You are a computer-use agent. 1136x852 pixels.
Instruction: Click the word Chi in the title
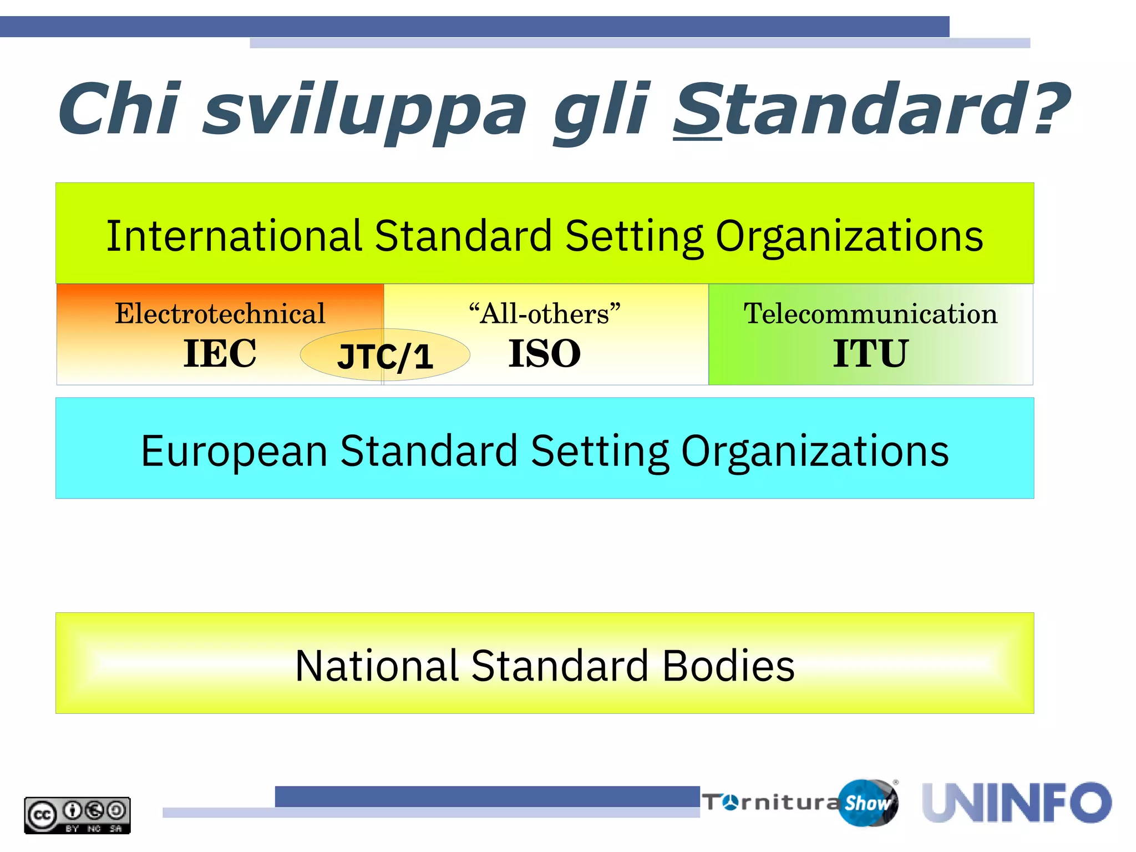click(x=119, y=109)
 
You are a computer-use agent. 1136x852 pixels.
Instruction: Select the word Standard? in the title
click(x=871, y=109)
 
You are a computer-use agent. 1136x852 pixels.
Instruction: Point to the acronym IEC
click(x=220, y=353)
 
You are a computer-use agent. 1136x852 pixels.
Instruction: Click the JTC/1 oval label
click(x=385, y=356)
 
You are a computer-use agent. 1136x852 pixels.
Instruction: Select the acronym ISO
click(x=544, y=353)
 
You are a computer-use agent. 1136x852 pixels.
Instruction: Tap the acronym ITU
click(x=870, y=353)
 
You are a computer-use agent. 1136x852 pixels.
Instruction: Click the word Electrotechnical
click(x=220, y=314)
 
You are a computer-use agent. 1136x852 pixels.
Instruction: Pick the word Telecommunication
click(x=870, y=314)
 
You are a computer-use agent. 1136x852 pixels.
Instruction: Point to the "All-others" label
click(x=544, y=314)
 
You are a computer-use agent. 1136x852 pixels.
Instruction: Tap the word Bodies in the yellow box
click(x=728, y=665)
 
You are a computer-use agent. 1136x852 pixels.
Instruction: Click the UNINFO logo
click(x=1017, y=803)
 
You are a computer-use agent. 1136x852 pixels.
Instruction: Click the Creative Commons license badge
click(x=77, y=815)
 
